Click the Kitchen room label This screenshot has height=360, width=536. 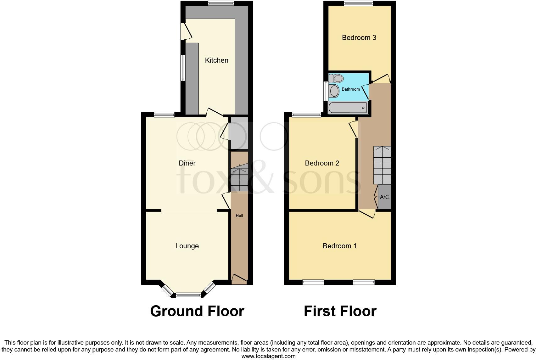pos(216,60)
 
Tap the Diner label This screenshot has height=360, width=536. pos(187,163)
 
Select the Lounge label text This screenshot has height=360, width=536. pos(187,246)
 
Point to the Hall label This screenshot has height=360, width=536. pos(239,216)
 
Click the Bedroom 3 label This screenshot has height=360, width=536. pos(359,38)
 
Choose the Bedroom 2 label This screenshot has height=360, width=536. pos(322,163)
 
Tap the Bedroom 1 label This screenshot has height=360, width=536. pos(340,246)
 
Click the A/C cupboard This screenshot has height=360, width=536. pos(384,197)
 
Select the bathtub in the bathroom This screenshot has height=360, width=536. pos(348,108)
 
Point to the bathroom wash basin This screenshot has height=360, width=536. pos(334,91)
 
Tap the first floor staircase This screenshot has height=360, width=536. pos(382,165)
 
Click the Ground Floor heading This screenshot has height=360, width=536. pos(197,311)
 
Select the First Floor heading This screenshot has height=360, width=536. pos(340,311)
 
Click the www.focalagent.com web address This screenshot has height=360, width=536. pos(268,356)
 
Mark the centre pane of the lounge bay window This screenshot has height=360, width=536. pos(188,295)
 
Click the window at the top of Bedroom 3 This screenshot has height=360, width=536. pos(359,3)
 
